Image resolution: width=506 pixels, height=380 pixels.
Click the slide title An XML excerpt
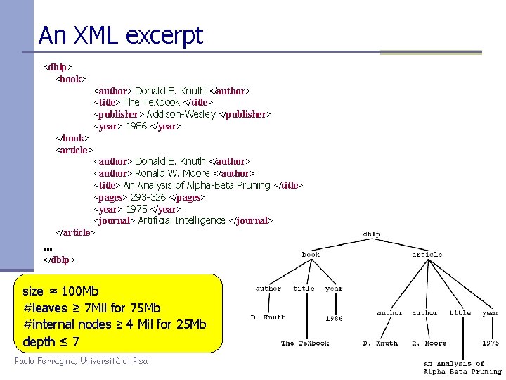pyautogui.click(x=121, y=35)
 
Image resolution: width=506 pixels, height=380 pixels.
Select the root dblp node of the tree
pyautogui.click(x=372, y=234)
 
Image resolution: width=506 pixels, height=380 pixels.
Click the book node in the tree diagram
pyautogui.click(x=310, y=255)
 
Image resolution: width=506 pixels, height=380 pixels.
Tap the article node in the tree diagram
pyautogui.click(x=427, y=255)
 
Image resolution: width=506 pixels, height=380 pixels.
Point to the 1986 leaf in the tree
pyautogui.click(x=335, y=318)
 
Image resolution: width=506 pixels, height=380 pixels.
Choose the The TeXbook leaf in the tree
pyautogui.click(x=305, y=343)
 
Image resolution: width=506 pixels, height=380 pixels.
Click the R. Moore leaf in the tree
pyautogui.click(x=429, y=343)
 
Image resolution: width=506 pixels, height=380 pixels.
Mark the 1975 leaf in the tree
pyautogui.click(x=491, y=343)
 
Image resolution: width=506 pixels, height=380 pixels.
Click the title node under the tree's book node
pyautogui.click(x=304, y=288)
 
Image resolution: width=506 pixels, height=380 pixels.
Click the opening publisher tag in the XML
pyautogui.click(x=119, y=114)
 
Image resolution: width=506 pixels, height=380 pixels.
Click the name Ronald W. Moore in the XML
pyautogui.click(x=172, y=173)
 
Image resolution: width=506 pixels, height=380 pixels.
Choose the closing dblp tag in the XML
pyautogui.click(x=59, y=260)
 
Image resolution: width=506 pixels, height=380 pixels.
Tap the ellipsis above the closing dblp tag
pyautogui.click(x=48, y=248)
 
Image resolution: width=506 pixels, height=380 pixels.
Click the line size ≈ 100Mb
pyautogui.click(x=60, y=291)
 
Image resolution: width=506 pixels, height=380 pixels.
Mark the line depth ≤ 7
pyautogui.click(x=51, y=342)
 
